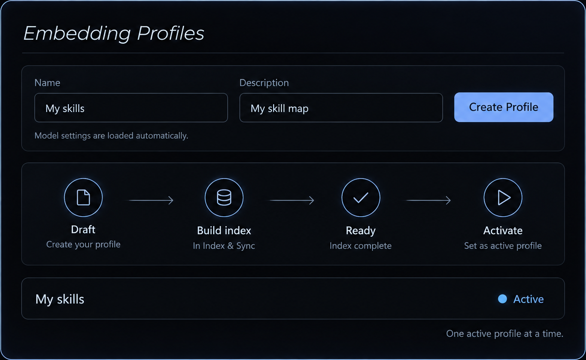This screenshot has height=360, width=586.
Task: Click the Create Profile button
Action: click(x=503, y=107)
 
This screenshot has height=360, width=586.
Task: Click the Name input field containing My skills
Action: click(x=131, y=108)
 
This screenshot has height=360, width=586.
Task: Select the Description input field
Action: click(x=341, y=108)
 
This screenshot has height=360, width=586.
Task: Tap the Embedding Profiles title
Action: click(x=114, y=33)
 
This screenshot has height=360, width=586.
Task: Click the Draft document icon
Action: click(x=83, y=197)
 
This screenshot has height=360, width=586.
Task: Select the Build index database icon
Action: click(x=224, y=197)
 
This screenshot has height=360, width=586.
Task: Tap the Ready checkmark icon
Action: click(x=360, y=197)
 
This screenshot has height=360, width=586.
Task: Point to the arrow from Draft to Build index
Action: click(x=151, y=200)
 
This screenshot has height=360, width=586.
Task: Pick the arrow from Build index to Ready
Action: click(x=292, y=200)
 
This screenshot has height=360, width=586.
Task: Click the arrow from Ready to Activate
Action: click(x=429, y=200)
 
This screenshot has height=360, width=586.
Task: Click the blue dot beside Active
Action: click(x=503, y=299)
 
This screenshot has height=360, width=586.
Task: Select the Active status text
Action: click(x=528, y=299)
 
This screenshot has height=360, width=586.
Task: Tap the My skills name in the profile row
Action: click(x=60, y=299)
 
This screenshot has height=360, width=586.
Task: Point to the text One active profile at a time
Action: click(x=505, y=333)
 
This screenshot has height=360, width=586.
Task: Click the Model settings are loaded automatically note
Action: click(x=112, y=135)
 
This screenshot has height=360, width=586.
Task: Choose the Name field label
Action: click(x=47, y=83)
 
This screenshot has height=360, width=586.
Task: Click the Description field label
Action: click(x=264, y=83)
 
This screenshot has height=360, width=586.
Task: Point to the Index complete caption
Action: click(x=360, y=245)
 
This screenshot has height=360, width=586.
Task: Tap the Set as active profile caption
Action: click(x=503, y=245)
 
